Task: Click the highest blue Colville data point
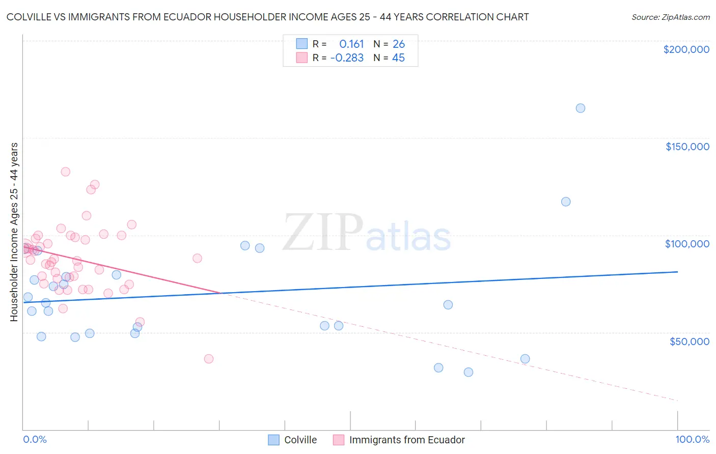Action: [580, 108]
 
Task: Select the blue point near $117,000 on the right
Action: [565, 202]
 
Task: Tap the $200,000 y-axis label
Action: [686, 49]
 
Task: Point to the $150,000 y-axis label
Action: [687, 147]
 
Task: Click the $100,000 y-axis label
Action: [687, 244]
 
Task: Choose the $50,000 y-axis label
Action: [689, 341]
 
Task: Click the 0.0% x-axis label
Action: [35, 439]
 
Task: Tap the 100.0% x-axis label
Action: [692, 439]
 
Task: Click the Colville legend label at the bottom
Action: [300, 440]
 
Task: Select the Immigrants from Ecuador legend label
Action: [407, 440]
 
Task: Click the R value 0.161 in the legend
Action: [351, 44]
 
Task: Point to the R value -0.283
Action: [347, 58]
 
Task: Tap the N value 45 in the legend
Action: [398, 58]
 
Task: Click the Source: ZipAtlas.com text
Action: [670, 17]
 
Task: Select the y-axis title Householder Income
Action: [14, 232]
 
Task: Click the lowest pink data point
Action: [208, 359]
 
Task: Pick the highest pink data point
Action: [65, 172]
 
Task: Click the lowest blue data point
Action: [468, 372]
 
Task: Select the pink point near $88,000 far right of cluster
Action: [197, 258]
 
